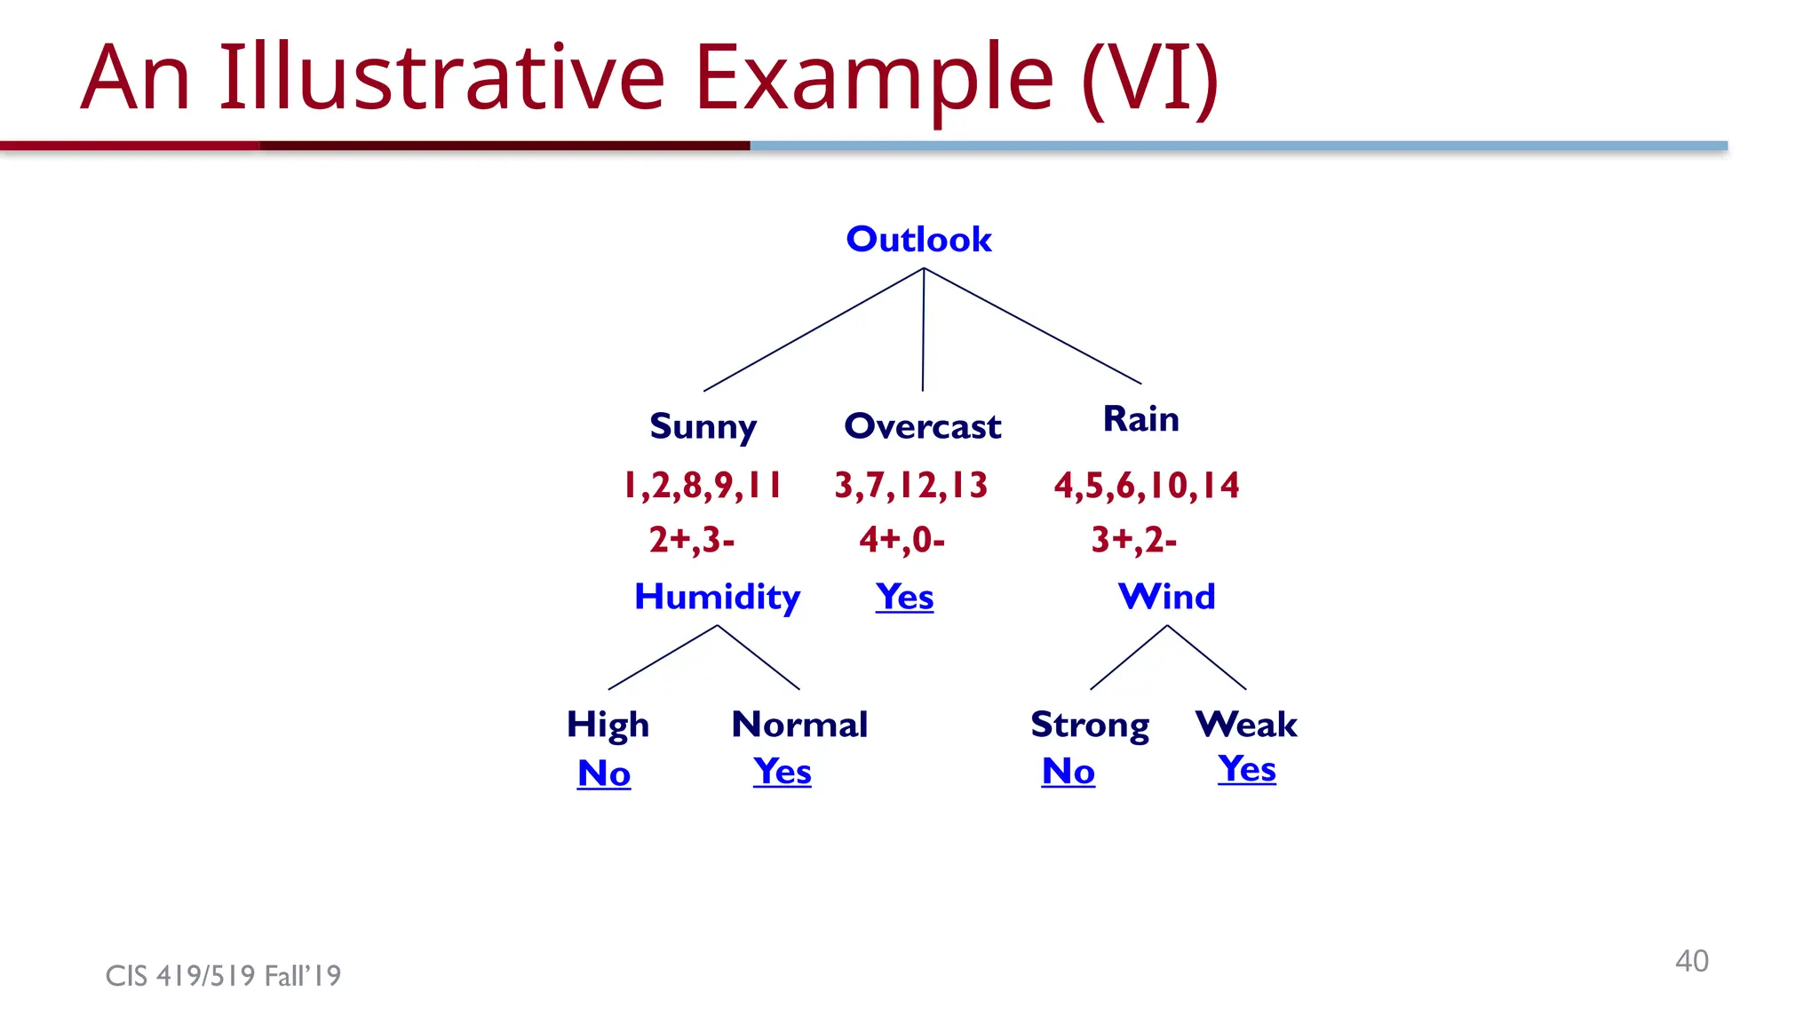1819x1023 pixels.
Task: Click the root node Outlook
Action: point(918,239)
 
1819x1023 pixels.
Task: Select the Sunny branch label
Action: point(703,427)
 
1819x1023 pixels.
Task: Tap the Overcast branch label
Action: point(922,427)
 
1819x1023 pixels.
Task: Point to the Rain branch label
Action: point(1140,418)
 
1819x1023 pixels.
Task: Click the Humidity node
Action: point(717,597)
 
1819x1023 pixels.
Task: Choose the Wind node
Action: point(1166,596)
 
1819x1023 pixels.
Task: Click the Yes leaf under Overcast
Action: point(904,597)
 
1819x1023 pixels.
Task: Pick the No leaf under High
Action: point(604,773)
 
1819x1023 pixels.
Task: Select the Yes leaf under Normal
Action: point(782,771)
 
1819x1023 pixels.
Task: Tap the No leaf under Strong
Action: point(1068,771)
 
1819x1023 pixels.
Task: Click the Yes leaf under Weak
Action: point(1246,768)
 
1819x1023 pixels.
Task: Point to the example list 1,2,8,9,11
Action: point(702,486)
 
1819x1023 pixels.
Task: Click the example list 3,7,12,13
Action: point(910,486)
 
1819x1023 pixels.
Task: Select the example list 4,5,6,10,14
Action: point(1146,486)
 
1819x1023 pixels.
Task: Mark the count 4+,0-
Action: point(902,540)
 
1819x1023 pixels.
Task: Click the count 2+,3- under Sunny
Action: point(691,540)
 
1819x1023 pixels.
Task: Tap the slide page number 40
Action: point(1691,961)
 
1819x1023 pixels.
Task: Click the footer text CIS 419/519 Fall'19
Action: point(223,976)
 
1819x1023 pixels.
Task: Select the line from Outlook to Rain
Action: point(1032,326)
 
